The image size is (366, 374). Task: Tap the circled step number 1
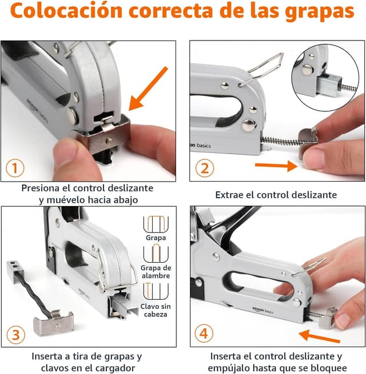(15, 168)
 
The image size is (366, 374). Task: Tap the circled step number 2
(204, 168)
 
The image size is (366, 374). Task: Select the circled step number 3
(15, 333)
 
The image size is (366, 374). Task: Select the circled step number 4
(204, 333)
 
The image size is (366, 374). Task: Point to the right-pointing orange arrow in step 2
(275, 166)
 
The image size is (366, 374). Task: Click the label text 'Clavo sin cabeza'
(156, 311)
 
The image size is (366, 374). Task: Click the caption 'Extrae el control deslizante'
(276, 195)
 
